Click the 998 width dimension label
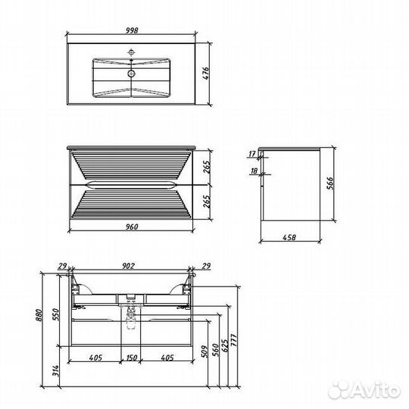click(x=132, y=30)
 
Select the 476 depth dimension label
click(x=206, y=73)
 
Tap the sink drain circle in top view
click(x=132, y=73)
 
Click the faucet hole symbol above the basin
click(x=132, y=53)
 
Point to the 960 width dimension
click(x=132, y=226)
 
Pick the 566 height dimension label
click(x=330, y=183)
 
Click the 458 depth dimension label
click(x=289, y=237)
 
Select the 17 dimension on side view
click(x=252, y=154)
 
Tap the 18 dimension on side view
click(x=254, y=171)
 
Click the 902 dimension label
click(x=129, y=266)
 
